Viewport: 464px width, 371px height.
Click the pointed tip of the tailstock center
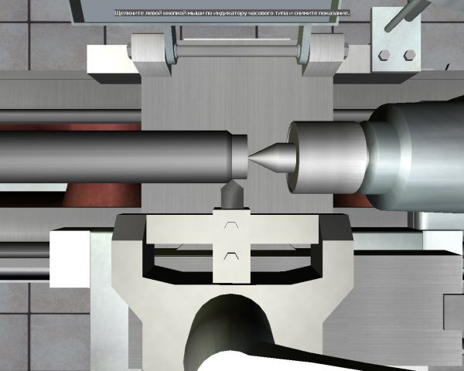click(249, 157)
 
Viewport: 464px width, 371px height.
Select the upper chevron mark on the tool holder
click(231, 225)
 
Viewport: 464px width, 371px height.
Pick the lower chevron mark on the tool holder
click(231, 256)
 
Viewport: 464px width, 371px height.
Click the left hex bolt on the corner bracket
click(384, 55)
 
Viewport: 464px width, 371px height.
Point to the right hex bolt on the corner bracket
click(410, 55)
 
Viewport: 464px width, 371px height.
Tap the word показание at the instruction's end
click(336, 13)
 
